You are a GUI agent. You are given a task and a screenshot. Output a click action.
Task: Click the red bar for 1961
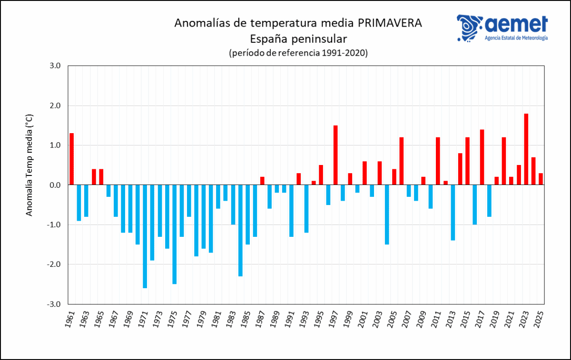72,159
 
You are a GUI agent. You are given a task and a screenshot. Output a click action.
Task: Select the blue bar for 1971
145,236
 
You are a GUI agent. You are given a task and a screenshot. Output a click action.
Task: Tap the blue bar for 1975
174,234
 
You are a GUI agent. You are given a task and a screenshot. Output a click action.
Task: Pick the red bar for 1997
335,155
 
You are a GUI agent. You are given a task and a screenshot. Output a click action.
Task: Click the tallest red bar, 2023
526,149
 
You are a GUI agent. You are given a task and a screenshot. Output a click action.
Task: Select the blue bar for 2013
453,212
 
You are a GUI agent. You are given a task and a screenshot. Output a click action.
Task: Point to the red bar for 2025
541,179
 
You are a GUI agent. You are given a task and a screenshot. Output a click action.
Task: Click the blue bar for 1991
291,210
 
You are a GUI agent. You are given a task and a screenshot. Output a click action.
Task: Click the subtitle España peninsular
298,39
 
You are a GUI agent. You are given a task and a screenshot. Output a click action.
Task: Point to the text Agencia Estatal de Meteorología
516,38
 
